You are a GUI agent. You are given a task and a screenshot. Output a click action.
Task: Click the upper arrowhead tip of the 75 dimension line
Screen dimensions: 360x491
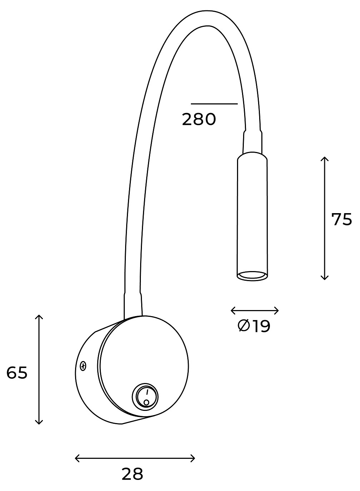(324, 157)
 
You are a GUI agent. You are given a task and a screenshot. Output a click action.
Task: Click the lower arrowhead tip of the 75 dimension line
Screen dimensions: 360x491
(324, 280)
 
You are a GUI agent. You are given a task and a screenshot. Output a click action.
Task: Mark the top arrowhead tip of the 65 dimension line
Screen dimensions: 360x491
(39, 315)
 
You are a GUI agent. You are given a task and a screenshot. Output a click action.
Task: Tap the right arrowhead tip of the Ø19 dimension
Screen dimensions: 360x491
(278, 311)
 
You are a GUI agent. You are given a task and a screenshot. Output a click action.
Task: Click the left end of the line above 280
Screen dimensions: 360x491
(191, 104)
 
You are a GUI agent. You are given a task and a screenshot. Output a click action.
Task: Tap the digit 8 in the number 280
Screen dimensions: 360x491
(199, 120)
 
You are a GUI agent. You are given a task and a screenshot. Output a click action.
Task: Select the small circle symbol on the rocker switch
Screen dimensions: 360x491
(146, 402)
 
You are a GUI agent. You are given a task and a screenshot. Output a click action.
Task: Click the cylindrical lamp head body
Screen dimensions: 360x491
(252, 216)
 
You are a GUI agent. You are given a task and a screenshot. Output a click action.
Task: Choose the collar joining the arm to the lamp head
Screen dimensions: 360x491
(252, 142)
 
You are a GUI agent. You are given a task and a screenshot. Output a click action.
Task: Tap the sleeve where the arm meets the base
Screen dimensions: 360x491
(133, 305)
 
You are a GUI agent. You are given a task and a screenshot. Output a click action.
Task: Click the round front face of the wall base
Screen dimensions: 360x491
(143, 366)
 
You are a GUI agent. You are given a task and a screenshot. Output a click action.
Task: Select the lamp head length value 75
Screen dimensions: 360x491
(342, 220)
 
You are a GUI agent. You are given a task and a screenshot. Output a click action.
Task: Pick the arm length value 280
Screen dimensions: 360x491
(199, 120)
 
